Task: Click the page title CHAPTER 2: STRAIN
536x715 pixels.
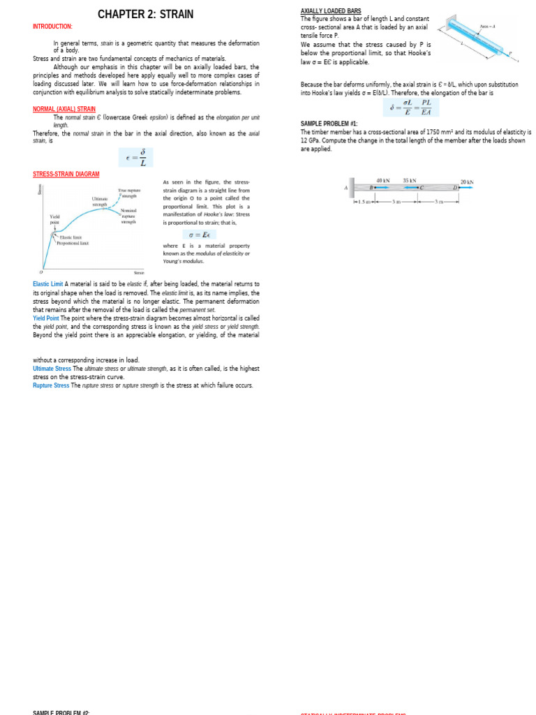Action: click(x=145, y=14)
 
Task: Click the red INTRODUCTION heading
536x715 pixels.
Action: click(x=52, y=27)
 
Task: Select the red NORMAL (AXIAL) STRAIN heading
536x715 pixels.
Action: click(x=64, y=109)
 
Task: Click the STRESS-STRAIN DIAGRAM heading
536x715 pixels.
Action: click(x=66, y=174)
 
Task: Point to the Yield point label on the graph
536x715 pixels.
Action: click(x=55, y=219)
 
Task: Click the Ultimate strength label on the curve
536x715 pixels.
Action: click(x=100, y=202)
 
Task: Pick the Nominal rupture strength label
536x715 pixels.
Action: click(x=128, y=216)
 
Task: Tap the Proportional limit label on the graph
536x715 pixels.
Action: click(x=73, y=243)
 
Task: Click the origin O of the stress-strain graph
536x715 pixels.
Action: click(x=40, y=272)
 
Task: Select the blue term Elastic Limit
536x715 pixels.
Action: click(x=48, y=284)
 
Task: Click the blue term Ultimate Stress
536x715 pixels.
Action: click(x=52, y=368)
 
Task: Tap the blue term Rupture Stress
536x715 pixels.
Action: click(x=51, y=385)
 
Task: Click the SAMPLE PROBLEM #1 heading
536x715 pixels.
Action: click(x=329, y=123)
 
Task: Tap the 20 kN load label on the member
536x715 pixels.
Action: click(x=467, y=182)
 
